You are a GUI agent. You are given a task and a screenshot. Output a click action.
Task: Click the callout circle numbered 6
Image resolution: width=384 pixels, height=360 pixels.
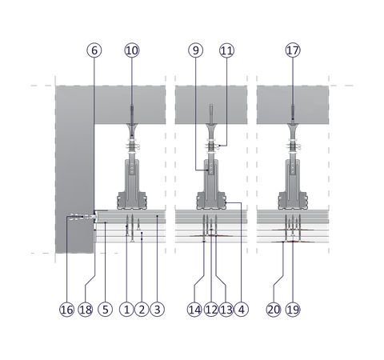tap(94, 50)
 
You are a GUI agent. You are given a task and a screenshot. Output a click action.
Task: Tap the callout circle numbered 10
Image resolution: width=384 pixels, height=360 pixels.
tap(132, 50)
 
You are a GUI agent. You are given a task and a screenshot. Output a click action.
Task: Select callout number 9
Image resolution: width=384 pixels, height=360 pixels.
tap(196, 50)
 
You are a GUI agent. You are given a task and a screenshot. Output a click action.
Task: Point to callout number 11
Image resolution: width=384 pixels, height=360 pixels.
tap(227, 50)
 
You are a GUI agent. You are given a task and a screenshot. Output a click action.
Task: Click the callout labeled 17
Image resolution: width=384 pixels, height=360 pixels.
tap(293, 50)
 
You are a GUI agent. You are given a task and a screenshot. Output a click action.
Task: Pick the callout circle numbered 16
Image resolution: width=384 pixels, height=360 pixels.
tap(66, 310)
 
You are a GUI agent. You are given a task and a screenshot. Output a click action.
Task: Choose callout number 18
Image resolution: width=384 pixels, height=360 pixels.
tap(86, 310)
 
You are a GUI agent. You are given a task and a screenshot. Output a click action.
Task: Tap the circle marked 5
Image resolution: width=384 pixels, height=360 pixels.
tap(106, 310)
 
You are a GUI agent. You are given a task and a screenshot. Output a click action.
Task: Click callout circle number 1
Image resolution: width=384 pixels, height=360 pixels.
tap(126, 310)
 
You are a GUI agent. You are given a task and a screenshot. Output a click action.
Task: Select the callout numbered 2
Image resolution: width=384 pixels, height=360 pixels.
tap(142, 310)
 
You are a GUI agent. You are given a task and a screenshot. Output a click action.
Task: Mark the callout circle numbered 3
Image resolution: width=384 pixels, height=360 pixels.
tap(158, 310)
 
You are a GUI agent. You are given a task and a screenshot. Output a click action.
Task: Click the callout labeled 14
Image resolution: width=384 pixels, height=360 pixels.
tap(194, 310)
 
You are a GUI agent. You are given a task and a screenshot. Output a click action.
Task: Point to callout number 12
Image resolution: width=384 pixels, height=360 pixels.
tap(211, 310)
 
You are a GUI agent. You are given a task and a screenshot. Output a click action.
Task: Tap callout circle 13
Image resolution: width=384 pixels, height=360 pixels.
tap(226, 310)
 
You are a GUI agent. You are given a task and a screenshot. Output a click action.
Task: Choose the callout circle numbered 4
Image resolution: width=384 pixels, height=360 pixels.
tap(241, 310)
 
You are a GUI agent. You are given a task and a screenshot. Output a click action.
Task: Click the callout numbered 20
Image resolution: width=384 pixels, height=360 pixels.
tap(274, 310)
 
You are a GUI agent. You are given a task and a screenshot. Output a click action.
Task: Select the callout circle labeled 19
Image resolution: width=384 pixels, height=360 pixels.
tap(293, 310)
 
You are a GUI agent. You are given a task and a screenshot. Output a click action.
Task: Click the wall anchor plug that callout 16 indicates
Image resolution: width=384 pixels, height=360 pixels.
tap(79, 217)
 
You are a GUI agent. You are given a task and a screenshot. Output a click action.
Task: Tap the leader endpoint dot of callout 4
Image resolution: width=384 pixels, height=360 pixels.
tap(226, 202)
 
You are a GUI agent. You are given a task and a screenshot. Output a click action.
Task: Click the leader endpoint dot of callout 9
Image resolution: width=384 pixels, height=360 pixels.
tap(208, 170)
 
